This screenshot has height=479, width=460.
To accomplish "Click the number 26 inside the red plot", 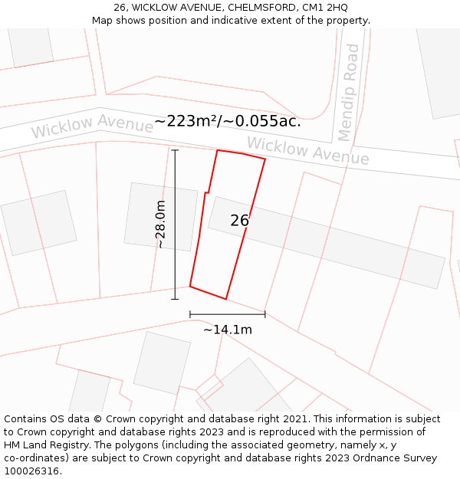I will pyautogui.click(x=240, y=221).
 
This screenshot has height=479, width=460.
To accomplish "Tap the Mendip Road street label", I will pyautogui.click(x=349, y=93).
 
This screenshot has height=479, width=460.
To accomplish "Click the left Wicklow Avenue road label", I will pyautogui.click(x=92, y=126).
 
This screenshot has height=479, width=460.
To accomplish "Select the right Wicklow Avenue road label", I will pyautogui.click(x=307, y=150).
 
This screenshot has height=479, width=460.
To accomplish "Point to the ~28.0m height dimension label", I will pyautogui.click(x=160, y=225).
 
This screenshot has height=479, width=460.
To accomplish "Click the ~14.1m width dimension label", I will pyautogui.click(x=228, y=330).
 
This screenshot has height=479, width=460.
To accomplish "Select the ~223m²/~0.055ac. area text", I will pyautogui.click(x=228, y=121).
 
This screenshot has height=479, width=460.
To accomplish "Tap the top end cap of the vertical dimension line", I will pyautogui.click(x=175, y=150).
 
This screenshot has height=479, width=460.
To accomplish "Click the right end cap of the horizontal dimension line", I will pyautogui.click(x=265, y=313).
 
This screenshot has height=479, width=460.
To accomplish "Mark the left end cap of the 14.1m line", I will pyautogui.click(x=190, y=313).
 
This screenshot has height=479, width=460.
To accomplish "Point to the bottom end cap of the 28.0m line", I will pyautogui.click(x=175, y=299).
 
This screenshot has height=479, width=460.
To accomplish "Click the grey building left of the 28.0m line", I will pyautogui.click(x=150, y=216).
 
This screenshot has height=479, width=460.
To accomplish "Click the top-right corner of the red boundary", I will pyautogui.click(x=265, y=159).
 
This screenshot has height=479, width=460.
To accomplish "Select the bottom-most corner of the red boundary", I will pyautogui.click(x=226, y=299).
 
